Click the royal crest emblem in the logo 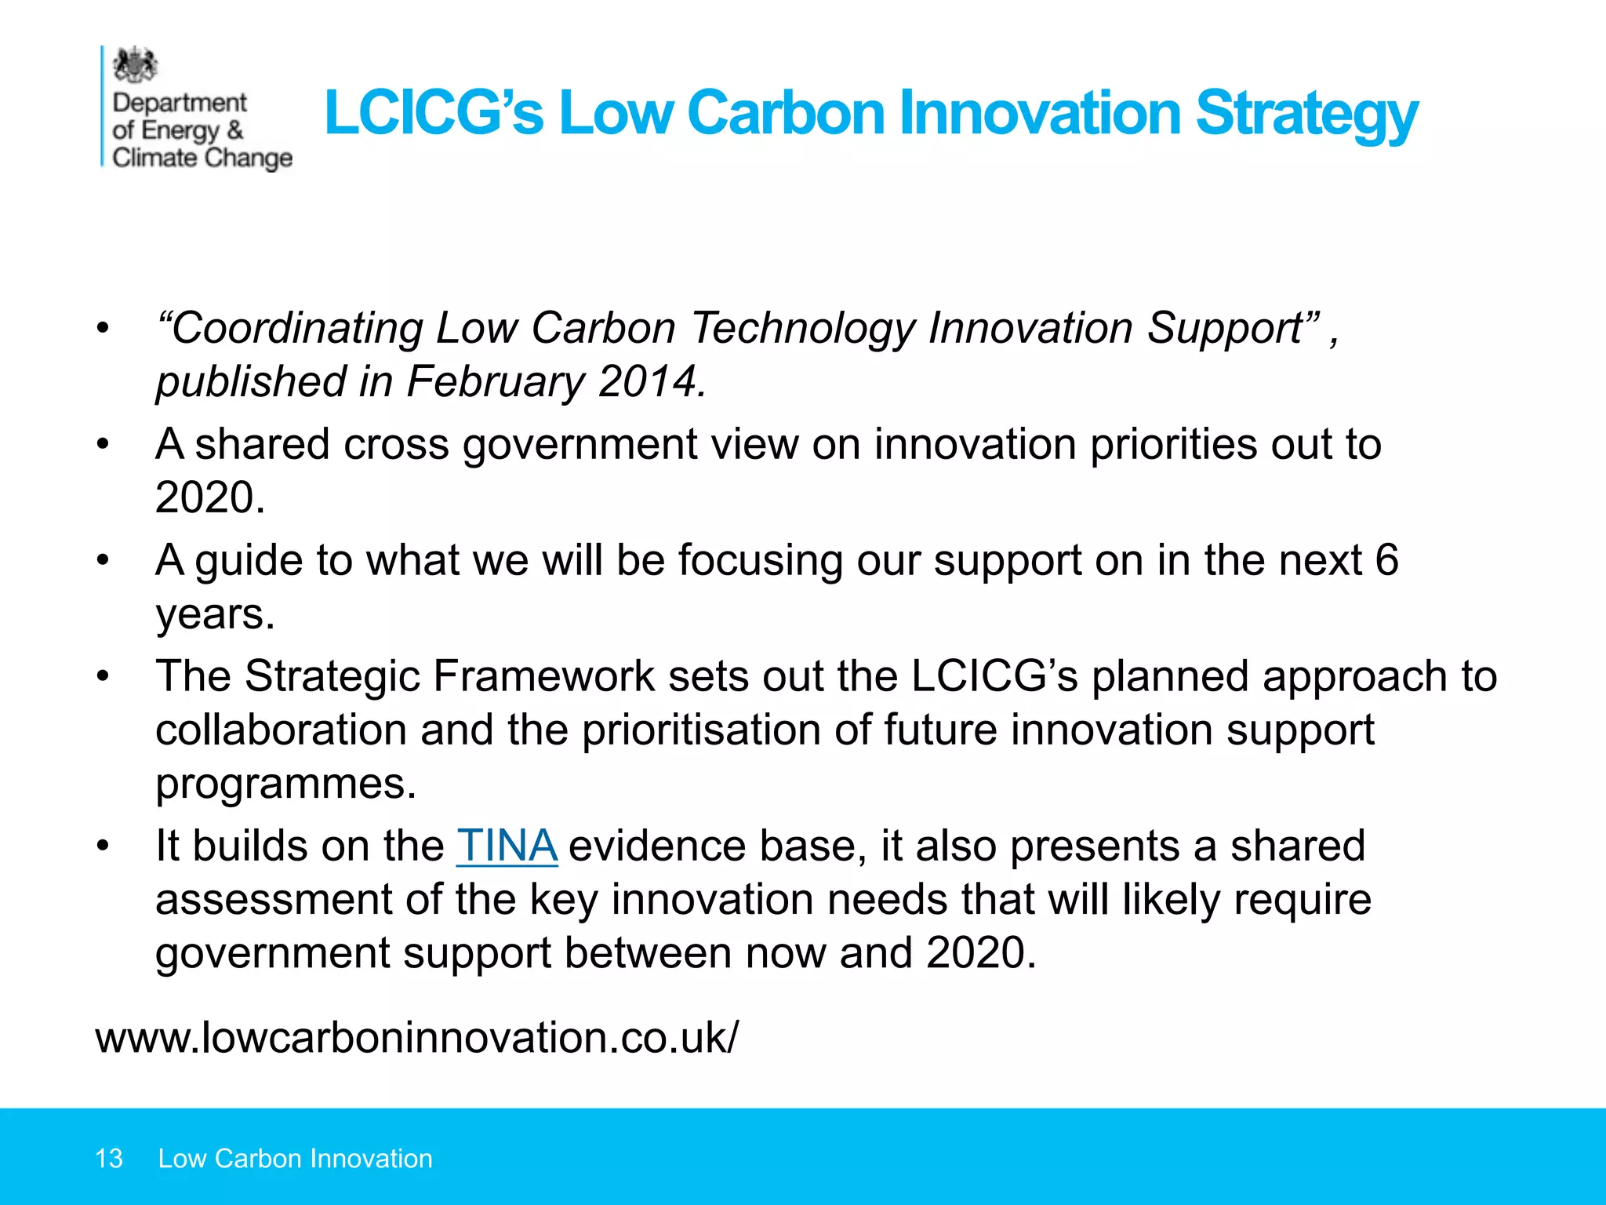[135, 65]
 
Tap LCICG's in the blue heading [433, 113]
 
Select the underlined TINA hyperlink [507, 846]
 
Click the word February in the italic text [495, 382]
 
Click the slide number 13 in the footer [108, 1159]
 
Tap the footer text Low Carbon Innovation [295, 1159]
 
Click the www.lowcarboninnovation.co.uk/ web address [416, 1037]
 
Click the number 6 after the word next [1386, 560]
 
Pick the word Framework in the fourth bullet [543, 676]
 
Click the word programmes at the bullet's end [285, 783]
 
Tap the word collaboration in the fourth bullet [281, 730]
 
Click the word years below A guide [215, 615]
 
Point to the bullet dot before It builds [103, 846]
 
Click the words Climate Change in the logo [202, 158]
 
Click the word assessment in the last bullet [273, 899]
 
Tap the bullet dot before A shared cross [103, 445]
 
